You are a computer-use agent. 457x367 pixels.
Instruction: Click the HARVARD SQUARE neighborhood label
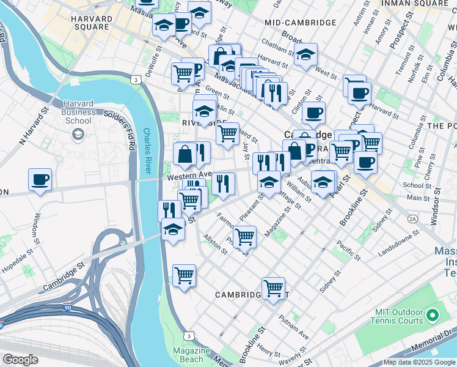(x=92, y=23)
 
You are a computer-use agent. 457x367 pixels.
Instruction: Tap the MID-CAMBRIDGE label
(x=301, y=23)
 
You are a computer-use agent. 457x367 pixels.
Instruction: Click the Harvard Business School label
(x=78, y=113)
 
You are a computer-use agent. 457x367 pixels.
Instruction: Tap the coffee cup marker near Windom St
(x=40, y=180)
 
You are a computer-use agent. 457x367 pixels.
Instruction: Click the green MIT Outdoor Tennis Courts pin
(x=433, y=316)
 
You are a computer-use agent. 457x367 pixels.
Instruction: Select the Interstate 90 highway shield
(x=67, y=308)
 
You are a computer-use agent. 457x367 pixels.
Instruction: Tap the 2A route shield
(x=412, y=218)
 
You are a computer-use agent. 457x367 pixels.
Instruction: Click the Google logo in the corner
(x=20, y=360)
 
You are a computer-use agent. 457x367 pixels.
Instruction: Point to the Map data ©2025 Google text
(x=420, y=362)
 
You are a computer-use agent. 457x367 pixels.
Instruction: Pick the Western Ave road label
(x=185, y=176)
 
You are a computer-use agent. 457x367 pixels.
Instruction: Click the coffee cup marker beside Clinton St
(x=313, y=113)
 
